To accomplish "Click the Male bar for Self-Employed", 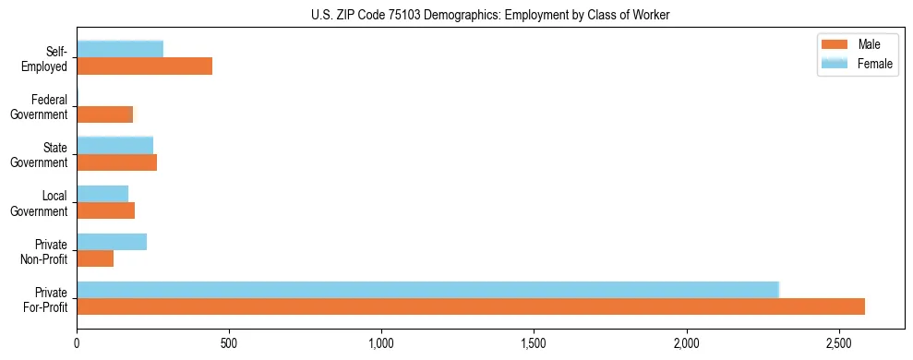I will tap(145, 66).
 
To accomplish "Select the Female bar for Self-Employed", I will tap(120, 49).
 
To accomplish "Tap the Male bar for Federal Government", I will tap(105, 114).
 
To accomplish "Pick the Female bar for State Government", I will tap(115, 145).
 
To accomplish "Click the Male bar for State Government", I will tap(117, 162).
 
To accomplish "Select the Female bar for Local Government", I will tap(102, 193).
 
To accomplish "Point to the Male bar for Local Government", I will tap(106, 210).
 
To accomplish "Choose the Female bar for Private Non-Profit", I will tap(112, 242).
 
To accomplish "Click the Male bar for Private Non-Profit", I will tap(95, 258).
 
